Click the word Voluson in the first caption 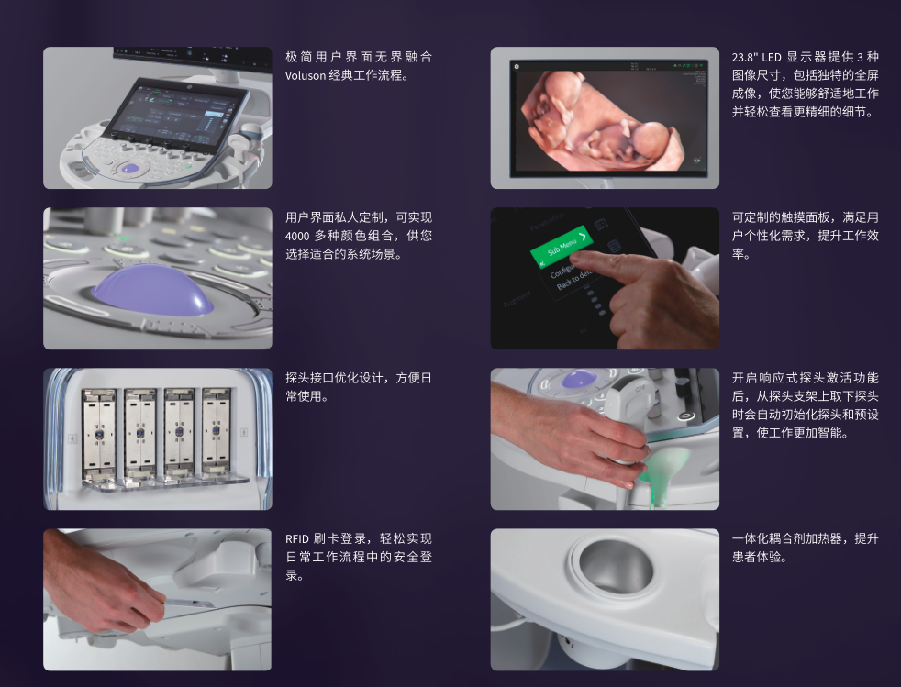[x=306, y=75]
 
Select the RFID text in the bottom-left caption [x=298, y=539]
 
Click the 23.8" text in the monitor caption [x=745, y=57]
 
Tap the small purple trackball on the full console [x=131, y=168]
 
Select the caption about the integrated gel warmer [x=805, y=548]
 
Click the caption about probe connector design [x=358, y=387]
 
